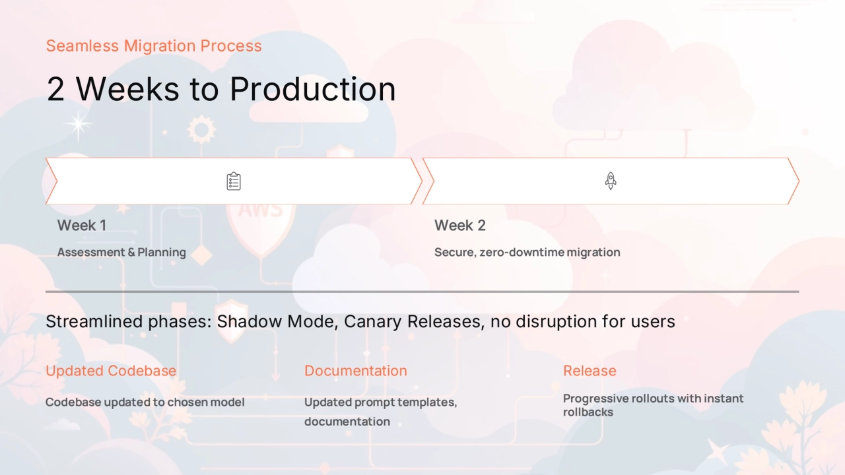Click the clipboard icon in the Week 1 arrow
coord(234,181)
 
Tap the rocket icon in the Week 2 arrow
coord(611,181)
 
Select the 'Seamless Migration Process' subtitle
coord(154,46)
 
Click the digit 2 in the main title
coord(55,89)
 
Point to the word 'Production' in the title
coord(313,89)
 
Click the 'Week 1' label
coord(82,226)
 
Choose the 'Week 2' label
coord(460,226)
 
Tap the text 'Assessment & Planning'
coord(121,252)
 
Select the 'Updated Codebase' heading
coord(111,371)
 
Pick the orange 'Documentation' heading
coord(356,371)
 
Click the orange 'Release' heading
coord(590,371)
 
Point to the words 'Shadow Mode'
coord(275,321)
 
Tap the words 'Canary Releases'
coord(413,321)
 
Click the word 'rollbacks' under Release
coord(588,412)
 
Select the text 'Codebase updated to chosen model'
coord(145,402)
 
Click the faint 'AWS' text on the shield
coord(260,210)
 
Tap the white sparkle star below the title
coord(78,125)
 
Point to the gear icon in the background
coord(201,130)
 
